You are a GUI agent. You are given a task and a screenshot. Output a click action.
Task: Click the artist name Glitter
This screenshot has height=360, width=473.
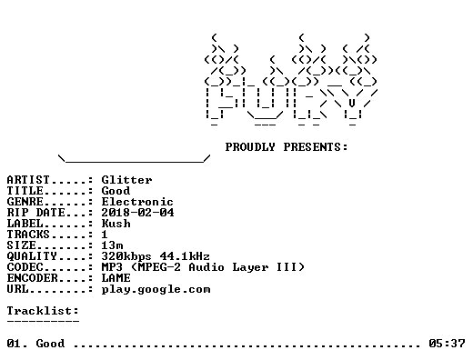pyautogui.click(x=126, y=180)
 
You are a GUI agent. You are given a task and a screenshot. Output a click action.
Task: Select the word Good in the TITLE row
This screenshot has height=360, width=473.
pyautogui.click(x=116, y=191)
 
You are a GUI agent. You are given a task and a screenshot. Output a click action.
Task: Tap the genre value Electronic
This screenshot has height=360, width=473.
pyautogui.click(x=137, y=202)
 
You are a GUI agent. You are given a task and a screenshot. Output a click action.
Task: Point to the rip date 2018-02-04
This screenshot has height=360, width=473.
pyautogui.click(x=137, y=213)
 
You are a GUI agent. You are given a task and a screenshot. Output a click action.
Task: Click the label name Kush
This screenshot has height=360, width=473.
pyautogui.click(x=116, y=224)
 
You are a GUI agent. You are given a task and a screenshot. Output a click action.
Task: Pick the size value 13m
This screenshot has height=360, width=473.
pyautogui.click(x=112, y=245)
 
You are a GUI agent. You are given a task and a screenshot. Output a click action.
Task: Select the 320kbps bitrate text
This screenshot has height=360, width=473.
pyautogui.click(x=126, y=256)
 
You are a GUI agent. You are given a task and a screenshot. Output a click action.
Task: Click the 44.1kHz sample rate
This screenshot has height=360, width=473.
pyautogui.click(x=185, y=256)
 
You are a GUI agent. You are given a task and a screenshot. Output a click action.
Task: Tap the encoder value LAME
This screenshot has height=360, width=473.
pyautogui.click(x=116, y=278)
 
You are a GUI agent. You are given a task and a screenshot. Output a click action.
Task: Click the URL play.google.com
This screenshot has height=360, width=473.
pyautogui.click(x=156, y=289)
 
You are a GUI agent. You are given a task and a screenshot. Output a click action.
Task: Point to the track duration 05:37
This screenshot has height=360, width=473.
pyautogui.click(x=447, y=344)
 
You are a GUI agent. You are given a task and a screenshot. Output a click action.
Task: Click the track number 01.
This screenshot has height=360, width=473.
pyautogui.click(x=14, y=344)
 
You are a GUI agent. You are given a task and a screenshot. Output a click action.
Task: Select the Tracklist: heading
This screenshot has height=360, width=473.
pyautogui.click(x=43, y=311)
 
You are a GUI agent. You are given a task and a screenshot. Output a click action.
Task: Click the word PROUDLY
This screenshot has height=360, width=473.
pyautogui.click(x=250, y=147)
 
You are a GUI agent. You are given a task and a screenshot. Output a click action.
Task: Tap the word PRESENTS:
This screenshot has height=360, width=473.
pyautogui.click(x=316, y=147)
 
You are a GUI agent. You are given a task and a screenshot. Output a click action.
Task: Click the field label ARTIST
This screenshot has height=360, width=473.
pyautogui.click(x=28, y=180)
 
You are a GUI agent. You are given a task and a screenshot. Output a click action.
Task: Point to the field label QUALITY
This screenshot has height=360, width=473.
pyautogui.click(x=32, y=256)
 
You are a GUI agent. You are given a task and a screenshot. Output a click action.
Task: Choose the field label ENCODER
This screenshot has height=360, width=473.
pyautogui.click(x=32, y=278)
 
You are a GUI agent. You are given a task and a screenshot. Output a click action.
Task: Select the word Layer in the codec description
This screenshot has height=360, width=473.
pyautogui.click(x=250, y=267)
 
